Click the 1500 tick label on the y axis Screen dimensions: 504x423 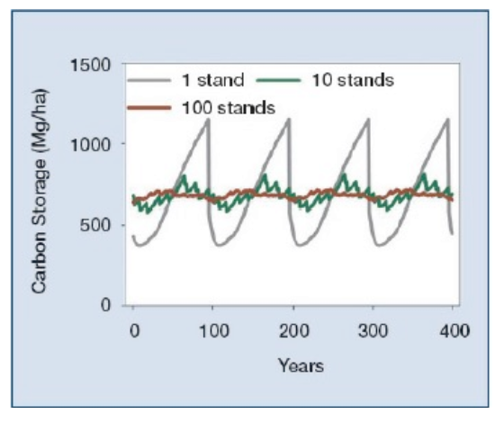coord(90,65)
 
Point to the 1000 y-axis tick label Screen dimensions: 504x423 coord(90,145)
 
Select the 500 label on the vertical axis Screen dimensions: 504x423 coord(95,225)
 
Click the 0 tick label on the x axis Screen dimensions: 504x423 coord(135,330)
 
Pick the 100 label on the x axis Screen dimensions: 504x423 coord(214,330)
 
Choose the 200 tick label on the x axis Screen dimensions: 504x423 coord(293,330)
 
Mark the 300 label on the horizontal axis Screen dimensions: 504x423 coord(373,330)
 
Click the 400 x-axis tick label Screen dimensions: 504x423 coord(454,330)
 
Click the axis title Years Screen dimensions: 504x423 coord(301,365)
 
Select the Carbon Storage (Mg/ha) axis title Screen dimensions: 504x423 coord(40,191)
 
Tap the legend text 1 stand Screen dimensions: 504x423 coord(213,80)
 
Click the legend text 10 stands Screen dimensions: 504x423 coord(353,80)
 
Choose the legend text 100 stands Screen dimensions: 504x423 coord(229,108)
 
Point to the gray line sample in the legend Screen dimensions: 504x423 coord(149,80)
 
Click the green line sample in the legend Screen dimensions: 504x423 coord(278,80)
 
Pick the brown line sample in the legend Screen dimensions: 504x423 coord(149,108)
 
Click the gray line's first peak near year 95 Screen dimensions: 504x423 coord(208,119)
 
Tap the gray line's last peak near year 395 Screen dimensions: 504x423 coord(447,119)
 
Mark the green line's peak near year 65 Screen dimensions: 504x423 coord(184,175)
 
